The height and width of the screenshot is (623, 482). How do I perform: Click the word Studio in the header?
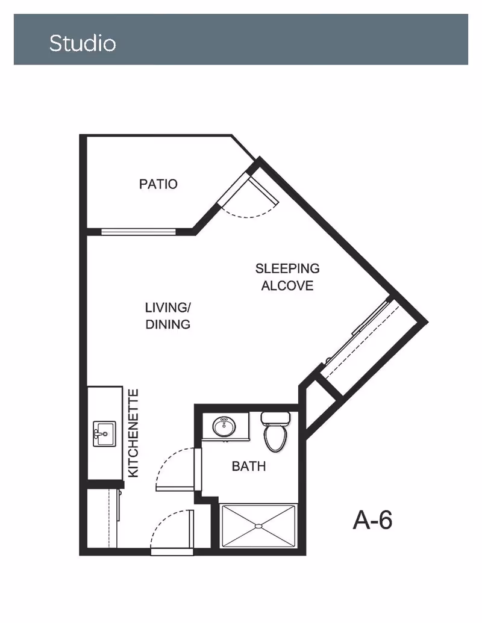click(x=83, y=43)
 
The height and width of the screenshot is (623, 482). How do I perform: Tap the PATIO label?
click(x=158, y=184)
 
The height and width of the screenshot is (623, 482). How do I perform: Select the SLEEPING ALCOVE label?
click(x=287, y=277)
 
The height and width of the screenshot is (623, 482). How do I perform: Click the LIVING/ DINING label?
click(x=168, y=316)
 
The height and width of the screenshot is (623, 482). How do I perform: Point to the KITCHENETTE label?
click(x=134, y=433)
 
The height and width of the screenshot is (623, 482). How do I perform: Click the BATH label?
click(x=249, y=466)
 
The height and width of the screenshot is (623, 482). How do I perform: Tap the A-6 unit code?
click(x=372, y=519)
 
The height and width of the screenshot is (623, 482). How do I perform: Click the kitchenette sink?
click(x=105, y=434)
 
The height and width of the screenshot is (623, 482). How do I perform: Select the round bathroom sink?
click(x=224, y=427)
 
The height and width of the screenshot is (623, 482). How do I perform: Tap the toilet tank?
click(x=275, y=418)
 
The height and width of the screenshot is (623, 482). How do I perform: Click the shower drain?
click(x=258, y=526)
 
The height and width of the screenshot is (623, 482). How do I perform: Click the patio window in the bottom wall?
click(x=139, y=231)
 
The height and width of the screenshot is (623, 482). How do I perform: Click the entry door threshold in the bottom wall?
click(x=172, y=552)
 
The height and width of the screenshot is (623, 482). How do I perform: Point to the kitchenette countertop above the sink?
click(x=105, y=403)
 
